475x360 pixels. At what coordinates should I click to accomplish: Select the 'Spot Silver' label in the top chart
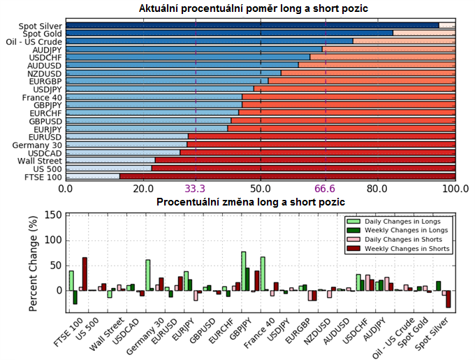click(x=41, y=26)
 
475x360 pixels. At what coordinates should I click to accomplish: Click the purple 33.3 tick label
click(x=195, y=189)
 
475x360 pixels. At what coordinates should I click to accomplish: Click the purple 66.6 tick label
click(x=326, y=189)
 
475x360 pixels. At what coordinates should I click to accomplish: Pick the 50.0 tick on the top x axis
click(x=261, y=189)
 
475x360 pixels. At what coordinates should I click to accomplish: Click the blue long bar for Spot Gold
click(x=231, y=33)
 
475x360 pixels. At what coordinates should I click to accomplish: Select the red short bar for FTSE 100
click(x=286, y=177)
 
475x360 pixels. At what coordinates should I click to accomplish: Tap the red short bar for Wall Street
click(x=305, y=160)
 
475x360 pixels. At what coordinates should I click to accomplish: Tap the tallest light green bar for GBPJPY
click(x=243, y=271)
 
